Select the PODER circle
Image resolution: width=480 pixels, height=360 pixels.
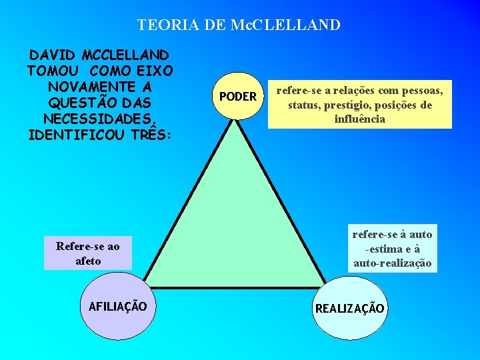point(238,97)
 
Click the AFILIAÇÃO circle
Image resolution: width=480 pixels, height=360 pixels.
point(118,307)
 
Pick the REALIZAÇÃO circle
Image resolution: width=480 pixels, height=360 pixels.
point(349,309)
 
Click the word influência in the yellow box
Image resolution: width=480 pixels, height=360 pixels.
point(359,119)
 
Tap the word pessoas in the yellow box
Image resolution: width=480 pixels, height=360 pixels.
point(427,89)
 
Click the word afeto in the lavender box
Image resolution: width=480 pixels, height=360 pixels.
point(88,261)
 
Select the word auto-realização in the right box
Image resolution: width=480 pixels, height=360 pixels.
point(392,263)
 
